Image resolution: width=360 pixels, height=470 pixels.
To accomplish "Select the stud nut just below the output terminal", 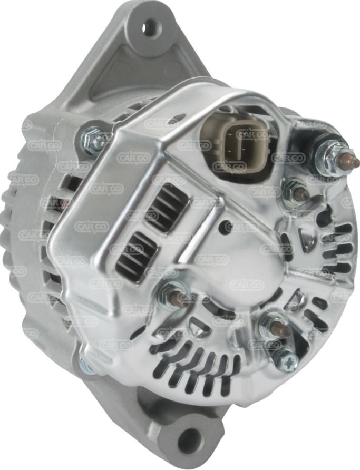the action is click(x=296, y=191).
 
